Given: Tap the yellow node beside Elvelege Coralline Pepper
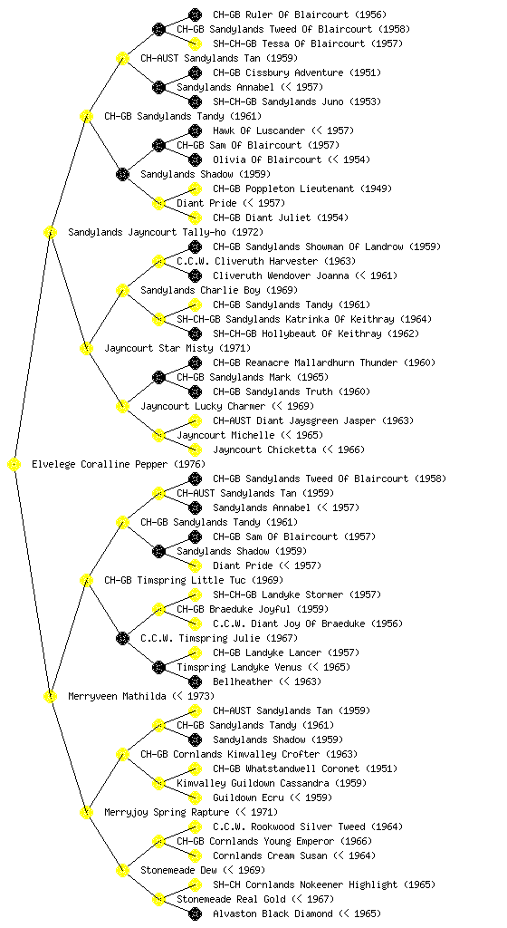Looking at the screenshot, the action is (14, 465).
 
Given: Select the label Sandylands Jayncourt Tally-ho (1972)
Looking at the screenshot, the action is (166, 233).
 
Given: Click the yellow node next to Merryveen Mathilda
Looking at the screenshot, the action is (50, 697).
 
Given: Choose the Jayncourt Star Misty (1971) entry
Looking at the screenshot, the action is (177, 349).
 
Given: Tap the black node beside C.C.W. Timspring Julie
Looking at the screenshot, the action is (122, 639).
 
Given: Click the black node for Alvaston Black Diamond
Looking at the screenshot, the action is (195, 914).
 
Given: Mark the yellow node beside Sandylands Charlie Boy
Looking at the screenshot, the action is (122, 291).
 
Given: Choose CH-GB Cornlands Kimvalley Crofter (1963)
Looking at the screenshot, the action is (249, 755).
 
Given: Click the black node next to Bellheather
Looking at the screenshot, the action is (195, 682).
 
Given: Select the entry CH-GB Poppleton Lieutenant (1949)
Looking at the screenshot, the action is (302, 188).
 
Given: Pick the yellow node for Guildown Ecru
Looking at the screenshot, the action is (195, 798).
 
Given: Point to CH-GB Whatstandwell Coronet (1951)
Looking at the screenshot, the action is (305, 768).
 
